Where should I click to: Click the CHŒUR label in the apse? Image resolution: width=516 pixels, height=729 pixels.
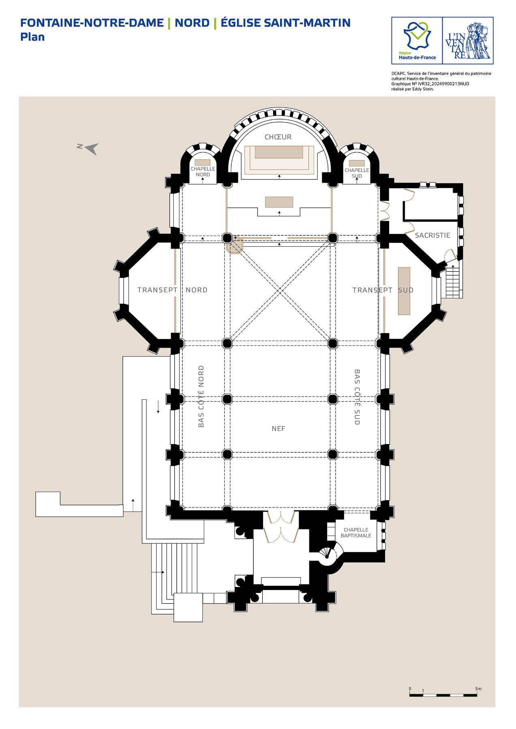click(x=278, y=137)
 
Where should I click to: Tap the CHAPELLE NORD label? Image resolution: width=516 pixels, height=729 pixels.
click(x=203, y=172)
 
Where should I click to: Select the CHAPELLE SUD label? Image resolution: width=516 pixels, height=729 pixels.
click(x=357, y=173)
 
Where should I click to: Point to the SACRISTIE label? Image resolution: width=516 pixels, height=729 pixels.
click(x=432, y=235)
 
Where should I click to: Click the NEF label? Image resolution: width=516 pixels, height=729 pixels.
click(x=278, y=428)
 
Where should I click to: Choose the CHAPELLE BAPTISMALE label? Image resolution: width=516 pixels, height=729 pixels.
click(x=356, y=533)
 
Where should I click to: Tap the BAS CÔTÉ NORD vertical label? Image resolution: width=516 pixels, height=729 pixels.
click(x=201, y=396)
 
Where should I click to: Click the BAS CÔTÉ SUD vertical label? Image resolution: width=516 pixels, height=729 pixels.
click(x=357, y=397)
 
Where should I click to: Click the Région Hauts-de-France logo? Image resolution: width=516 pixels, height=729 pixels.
click(x=417, y=40)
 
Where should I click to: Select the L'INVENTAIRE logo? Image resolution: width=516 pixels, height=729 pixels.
click(x=468, y=40)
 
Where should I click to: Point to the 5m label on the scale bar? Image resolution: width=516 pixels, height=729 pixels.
click(x=478, y=688)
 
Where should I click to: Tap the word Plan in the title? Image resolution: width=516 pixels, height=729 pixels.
click(x=32, y=37)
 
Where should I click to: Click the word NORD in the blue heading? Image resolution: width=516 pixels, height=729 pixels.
click(x=192, y=23)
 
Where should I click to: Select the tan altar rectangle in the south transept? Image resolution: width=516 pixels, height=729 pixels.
click(x=404, y=291)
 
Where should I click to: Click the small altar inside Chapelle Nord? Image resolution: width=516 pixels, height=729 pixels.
click(x=203, y=162)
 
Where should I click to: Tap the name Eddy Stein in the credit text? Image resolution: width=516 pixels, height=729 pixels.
click(x=424, y=89)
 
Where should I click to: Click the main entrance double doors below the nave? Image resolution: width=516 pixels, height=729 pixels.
click(x=278, y=526)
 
